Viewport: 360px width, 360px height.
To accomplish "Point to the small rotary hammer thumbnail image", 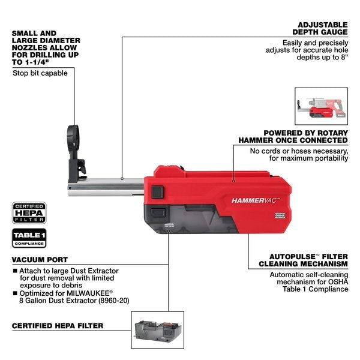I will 320,106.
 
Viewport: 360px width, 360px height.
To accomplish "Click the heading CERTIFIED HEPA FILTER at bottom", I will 58,326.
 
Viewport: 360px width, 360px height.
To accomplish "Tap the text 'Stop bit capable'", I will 40,73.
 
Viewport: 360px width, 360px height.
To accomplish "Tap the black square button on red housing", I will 158,192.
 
